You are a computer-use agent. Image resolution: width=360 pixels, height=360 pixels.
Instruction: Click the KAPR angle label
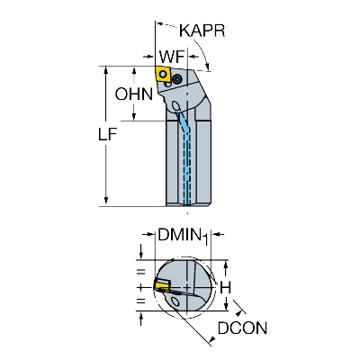202,31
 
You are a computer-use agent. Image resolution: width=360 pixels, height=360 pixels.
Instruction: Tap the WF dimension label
172,56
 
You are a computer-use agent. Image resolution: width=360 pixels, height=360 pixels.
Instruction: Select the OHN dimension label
134,94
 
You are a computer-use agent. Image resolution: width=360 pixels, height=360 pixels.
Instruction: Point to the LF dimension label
107,134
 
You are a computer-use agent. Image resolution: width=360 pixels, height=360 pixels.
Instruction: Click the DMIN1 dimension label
183,236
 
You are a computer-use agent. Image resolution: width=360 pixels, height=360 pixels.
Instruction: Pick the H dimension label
225,288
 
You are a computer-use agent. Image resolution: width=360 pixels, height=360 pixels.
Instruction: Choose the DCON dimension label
242,328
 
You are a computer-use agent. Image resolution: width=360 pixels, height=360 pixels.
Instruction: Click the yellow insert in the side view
163,74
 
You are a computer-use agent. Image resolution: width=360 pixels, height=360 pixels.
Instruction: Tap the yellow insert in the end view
161,284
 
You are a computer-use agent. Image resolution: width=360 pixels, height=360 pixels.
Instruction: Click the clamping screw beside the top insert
177,80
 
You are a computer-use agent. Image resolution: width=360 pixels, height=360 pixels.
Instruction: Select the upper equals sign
140,272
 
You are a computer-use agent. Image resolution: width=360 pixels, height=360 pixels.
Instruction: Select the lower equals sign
140,301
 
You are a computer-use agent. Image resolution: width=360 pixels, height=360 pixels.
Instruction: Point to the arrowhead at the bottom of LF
106,201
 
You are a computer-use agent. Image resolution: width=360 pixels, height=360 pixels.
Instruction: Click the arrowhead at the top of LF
106,72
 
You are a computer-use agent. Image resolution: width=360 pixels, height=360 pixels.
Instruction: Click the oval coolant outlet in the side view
175,105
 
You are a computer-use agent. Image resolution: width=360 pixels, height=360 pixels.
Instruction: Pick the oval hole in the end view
175,301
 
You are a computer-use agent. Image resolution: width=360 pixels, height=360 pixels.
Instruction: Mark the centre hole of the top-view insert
162,74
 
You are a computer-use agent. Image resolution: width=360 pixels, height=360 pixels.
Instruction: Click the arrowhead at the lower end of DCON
211,339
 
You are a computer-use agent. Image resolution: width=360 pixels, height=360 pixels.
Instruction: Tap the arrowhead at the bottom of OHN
134,116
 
